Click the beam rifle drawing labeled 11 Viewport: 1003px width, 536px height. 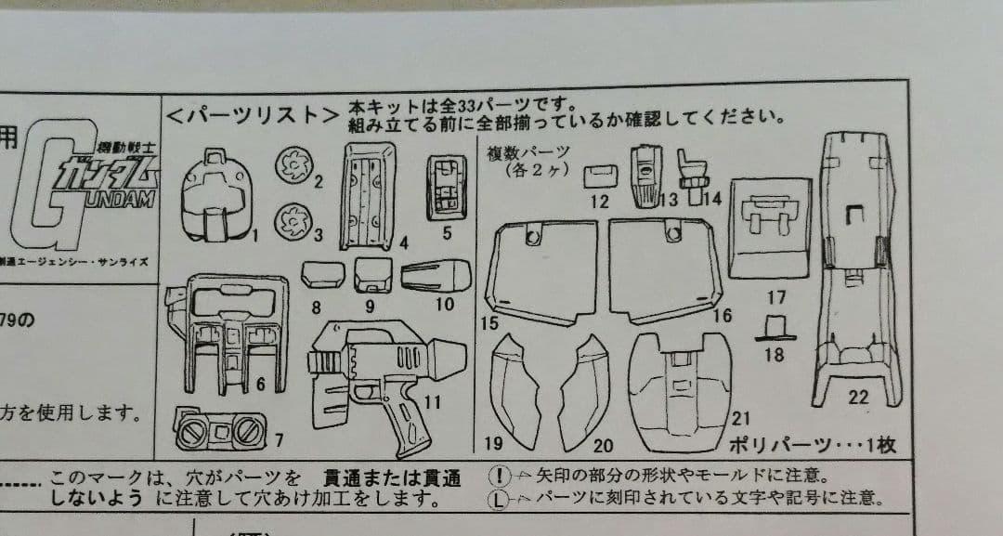click(381, 381)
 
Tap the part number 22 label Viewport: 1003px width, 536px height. click(859, 398)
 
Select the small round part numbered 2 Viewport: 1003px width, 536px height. click(293, 166)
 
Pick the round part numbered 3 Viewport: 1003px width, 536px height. click(293, 220)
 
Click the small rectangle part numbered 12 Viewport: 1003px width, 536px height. click(599, 175)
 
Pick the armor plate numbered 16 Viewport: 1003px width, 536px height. click(665, 270)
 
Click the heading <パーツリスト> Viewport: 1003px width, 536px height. click(252, 116)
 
